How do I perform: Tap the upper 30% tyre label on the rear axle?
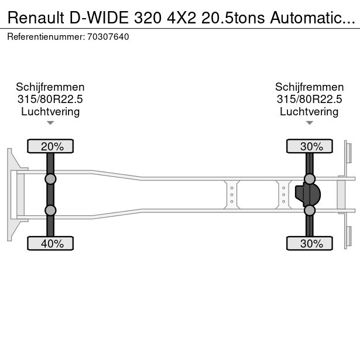310,146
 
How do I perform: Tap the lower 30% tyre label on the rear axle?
310,244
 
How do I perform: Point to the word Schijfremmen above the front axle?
50,87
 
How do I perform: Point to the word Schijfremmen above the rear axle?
309,87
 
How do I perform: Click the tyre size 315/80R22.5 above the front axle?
50,100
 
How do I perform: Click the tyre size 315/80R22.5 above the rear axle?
309,100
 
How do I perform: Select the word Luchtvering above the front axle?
50,112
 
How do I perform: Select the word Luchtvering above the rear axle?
309,112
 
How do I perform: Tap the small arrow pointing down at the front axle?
50,123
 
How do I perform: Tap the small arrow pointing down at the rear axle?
309,123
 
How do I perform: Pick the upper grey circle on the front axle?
50,179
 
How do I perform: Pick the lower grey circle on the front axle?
50,210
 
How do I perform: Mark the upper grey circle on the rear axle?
310,179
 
